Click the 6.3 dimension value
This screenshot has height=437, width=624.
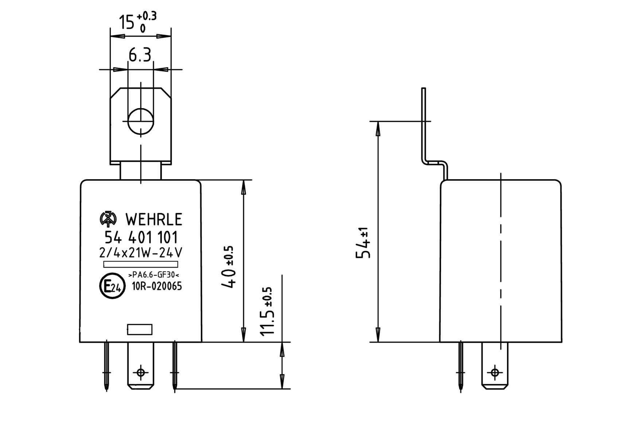point(140,56)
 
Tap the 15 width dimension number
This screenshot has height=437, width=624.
point(127,23)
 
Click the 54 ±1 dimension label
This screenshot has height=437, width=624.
point(363,244)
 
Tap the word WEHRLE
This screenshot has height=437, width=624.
point(153,220)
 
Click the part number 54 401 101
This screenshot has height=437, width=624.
point(141,237)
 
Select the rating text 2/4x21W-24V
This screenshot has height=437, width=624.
point(141,253)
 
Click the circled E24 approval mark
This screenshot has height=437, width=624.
point(112,286)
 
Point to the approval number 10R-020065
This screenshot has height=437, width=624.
point(157,287)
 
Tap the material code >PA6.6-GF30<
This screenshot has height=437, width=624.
point(154,275)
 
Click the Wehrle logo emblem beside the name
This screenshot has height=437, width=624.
point(108,219)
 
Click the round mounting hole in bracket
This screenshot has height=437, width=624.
point(141,121)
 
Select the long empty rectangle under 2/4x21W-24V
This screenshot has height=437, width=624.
point(141,264)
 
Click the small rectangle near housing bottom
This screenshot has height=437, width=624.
point(140,329)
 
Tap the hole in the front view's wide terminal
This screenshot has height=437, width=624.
point(141,372)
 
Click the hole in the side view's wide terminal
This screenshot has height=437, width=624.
point(495,372)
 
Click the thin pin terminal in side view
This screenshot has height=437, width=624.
point(461,366)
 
